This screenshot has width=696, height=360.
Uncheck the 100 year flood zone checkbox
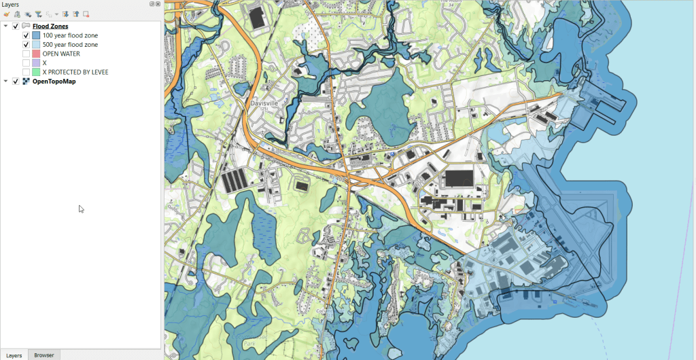click(26, 35)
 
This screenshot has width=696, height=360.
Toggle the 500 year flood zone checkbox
click(26, 44)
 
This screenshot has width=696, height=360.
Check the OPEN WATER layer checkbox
click(26, 54)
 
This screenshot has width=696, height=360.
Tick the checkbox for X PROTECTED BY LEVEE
click(26, 71)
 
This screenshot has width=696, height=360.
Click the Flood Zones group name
click(50, 26)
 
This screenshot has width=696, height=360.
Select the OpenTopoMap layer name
click(54, 82)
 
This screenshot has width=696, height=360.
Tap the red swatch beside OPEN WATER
click(35, 54)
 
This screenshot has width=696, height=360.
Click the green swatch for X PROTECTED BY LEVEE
click(35, 71)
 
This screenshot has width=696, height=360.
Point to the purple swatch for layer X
click(35, 62)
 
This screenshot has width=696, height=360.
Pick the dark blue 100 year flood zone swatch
click(35, 35)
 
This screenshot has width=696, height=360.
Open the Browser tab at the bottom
click(44, 355)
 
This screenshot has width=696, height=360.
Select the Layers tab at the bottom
click(14, 355)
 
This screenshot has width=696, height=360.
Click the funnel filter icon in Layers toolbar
click(38, 14)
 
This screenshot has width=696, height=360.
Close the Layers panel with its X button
click(158, 4)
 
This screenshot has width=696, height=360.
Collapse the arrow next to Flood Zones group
click(6, 26)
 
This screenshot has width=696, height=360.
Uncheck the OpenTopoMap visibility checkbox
click(16, 82)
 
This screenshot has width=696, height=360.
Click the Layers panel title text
click(10, 4)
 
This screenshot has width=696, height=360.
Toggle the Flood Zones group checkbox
click(16, 26)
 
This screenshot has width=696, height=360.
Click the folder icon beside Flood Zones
click(26, 26)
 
